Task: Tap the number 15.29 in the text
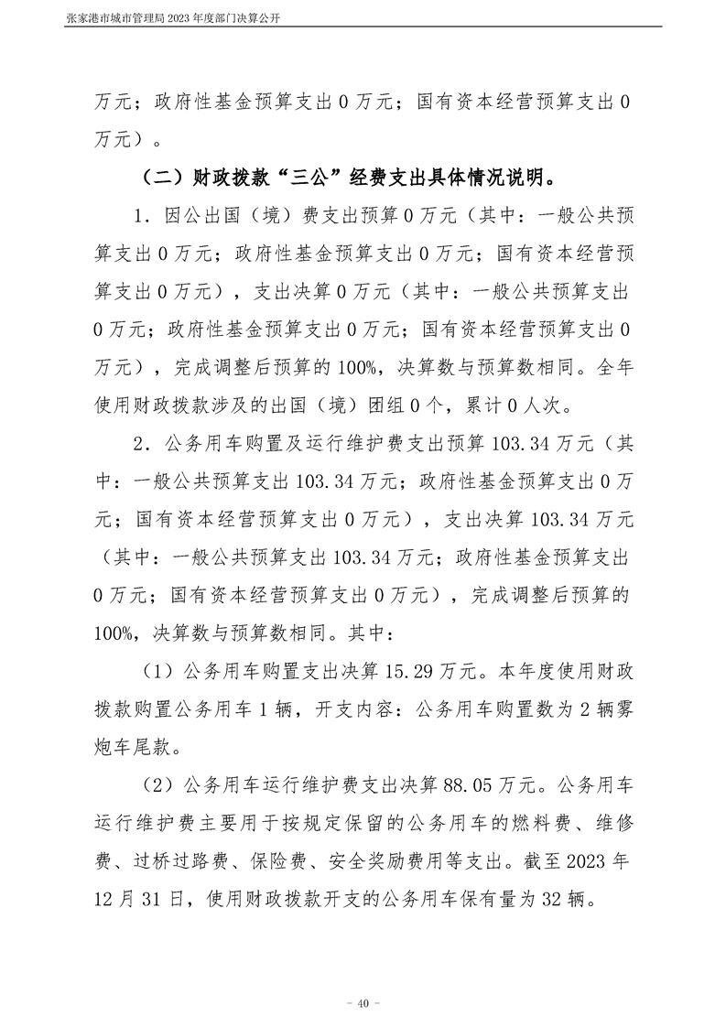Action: pos(417,670)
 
